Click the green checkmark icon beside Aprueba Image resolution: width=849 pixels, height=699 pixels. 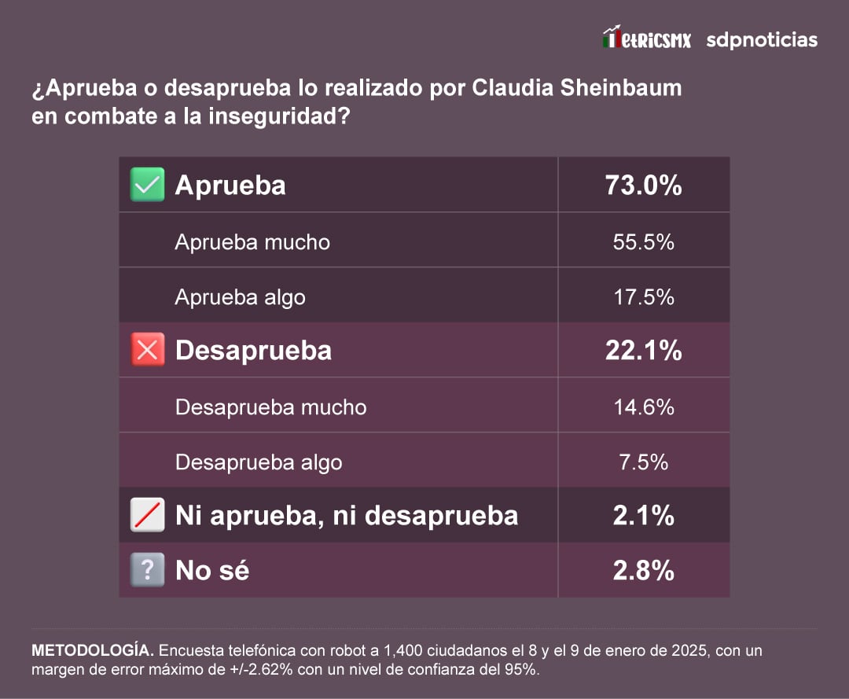coord(147,186)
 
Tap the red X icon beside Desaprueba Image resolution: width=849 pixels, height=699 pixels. coord(147,351)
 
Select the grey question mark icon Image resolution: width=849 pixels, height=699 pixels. coord(147,570)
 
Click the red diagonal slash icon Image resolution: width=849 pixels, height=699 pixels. coord(147,516)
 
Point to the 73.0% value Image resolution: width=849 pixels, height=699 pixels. coord(643,186)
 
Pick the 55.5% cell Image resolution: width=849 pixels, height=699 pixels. coord(643,242)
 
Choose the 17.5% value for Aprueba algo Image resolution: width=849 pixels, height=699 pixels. coord(643,297)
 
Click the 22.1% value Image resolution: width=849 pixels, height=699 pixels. coord(643,351)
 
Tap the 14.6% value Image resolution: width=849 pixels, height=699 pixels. coord(643,407)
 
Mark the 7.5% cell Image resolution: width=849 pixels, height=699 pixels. coord(643,462)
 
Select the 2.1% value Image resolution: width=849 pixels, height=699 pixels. coord(643,516)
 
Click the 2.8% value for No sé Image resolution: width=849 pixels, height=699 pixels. coord(643,570)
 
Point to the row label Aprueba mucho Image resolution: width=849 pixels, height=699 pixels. coord(252,242)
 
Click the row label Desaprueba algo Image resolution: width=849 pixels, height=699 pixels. coord(259,462)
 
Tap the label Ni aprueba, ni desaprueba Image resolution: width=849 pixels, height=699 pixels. coord(346,516)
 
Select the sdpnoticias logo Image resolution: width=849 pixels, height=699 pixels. coord(761,39)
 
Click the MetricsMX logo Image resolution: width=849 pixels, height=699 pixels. coord(646,39)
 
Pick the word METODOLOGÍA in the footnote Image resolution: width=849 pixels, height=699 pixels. coord(92,651)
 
